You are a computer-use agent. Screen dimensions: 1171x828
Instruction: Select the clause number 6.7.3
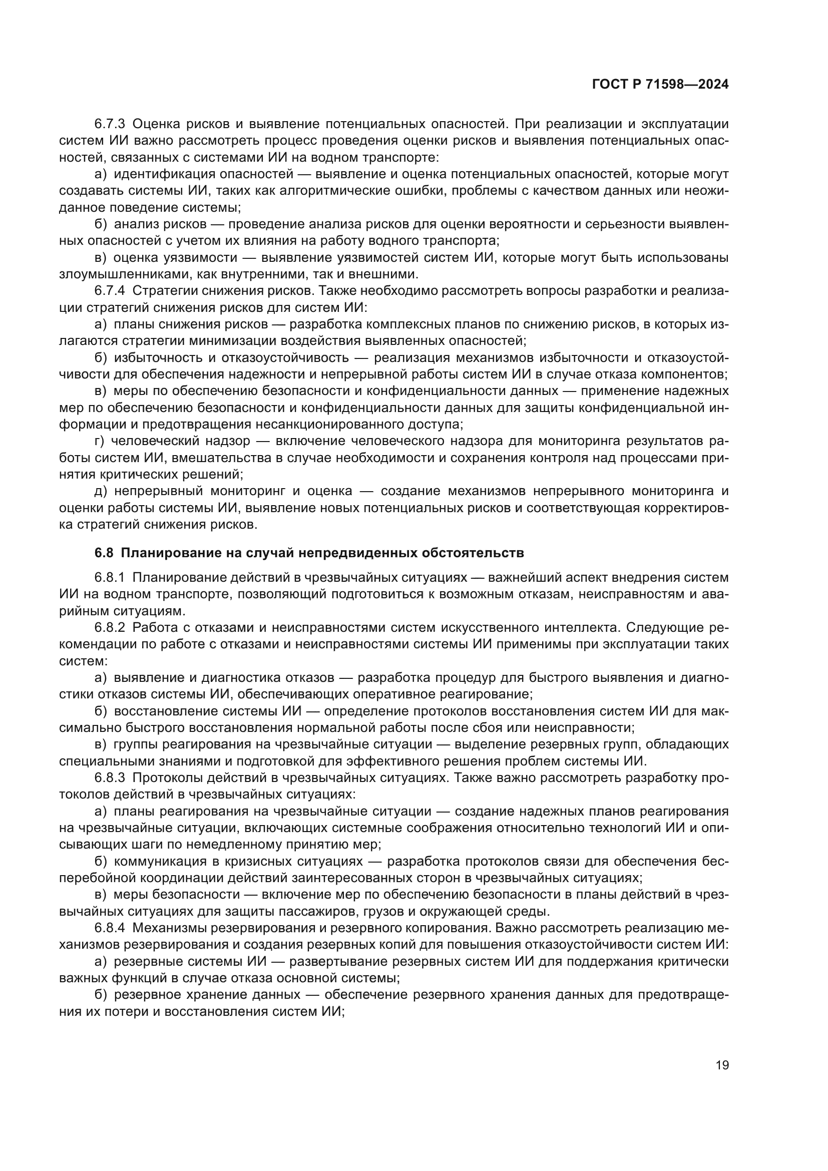click(110, 124)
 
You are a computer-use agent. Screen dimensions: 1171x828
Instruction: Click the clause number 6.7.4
click(110, 291)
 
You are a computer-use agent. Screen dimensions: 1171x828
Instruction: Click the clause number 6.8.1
click(110, 577)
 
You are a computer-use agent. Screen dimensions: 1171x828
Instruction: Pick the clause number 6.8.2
click(110, 627)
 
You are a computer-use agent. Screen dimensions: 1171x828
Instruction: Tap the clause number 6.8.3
click(110, 778)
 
